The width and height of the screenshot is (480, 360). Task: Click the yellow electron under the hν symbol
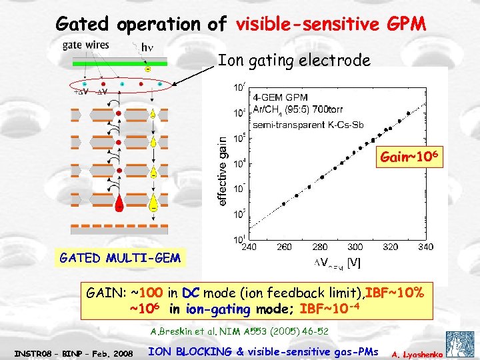coord(147,69)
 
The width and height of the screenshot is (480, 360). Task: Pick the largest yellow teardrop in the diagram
coord(154,199)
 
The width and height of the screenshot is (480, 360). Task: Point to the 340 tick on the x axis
coord(425,247)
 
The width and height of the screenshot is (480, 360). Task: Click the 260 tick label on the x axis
coord(284,247)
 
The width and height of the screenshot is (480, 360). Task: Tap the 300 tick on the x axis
coord(355,247)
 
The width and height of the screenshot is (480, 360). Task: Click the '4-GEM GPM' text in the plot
coord(270,98)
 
